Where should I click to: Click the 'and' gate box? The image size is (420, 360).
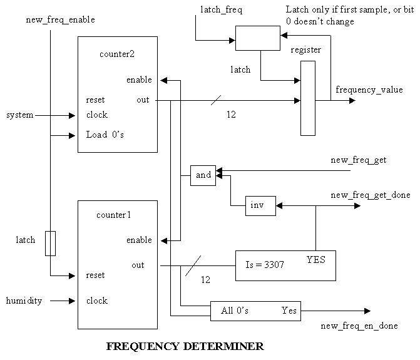pos(203,175)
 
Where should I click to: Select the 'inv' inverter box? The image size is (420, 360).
pos(260,205)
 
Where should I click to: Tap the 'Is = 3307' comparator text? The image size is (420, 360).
pos(264,265)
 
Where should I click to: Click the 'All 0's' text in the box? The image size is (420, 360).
pos(235,311)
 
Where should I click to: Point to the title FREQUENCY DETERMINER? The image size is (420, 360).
pos(185,346)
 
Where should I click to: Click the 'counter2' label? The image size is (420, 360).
pos(117,53)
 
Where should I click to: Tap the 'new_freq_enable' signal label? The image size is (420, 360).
pos(61,19)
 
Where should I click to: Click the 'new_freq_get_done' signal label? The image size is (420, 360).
pos(371,195)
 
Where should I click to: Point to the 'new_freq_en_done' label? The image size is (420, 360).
pos(359,326)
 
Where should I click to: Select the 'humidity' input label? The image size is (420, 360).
pos(24,301)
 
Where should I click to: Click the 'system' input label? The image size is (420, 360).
pos(20,115)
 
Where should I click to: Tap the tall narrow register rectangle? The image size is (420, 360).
pos(308,98)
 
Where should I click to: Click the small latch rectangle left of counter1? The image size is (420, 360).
pos(50,243)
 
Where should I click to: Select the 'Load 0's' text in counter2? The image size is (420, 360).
pos(105,135)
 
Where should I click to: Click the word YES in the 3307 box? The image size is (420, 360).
pos(316,258)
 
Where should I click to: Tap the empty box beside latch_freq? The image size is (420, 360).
pos(257,38)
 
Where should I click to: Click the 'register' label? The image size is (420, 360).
pos(306,49)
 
